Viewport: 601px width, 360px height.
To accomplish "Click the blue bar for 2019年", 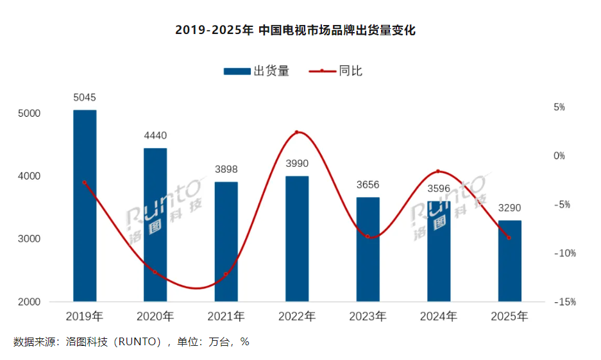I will point(85,205).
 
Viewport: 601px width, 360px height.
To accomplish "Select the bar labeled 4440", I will point(155,225).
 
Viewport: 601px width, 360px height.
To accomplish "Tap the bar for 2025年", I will point(510,261).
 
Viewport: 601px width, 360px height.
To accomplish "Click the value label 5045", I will point(85,98).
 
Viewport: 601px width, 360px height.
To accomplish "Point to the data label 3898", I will point(226,169).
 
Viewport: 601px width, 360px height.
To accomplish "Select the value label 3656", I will point(368,185).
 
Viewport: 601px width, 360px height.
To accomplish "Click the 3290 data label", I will point(510,208).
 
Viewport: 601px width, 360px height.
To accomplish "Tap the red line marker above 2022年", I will point(297,132).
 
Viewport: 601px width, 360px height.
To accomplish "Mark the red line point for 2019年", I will point(85,183).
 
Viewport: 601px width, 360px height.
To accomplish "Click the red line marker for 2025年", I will point(510,238).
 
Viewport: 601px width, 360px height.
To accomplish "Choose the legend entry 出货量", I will point(256,71).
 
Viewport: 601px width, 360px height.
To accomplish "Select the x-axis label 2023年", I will point(368,316).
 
